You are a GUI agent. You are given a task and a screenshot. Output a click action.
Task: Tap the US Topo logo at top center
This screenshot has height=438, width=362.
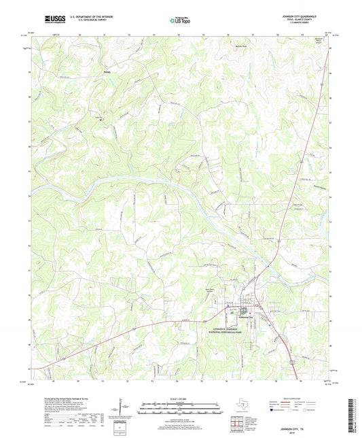[180, 21]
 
